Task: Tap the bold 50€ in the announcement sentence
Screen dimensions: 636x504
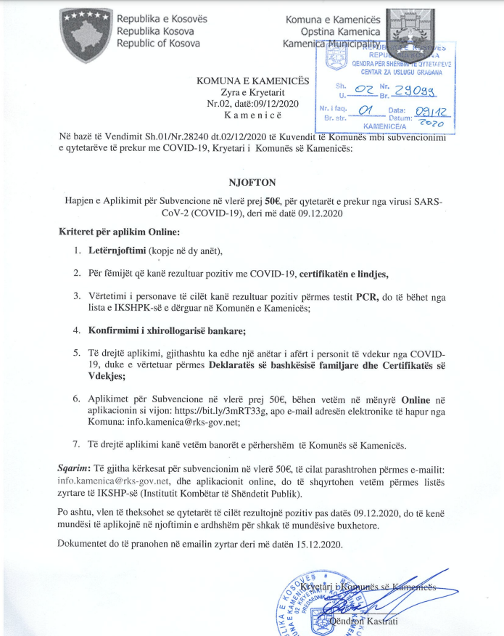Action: coord(273,200)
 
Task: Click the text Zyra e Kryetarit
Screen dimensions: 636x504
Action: coord(251,91)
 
